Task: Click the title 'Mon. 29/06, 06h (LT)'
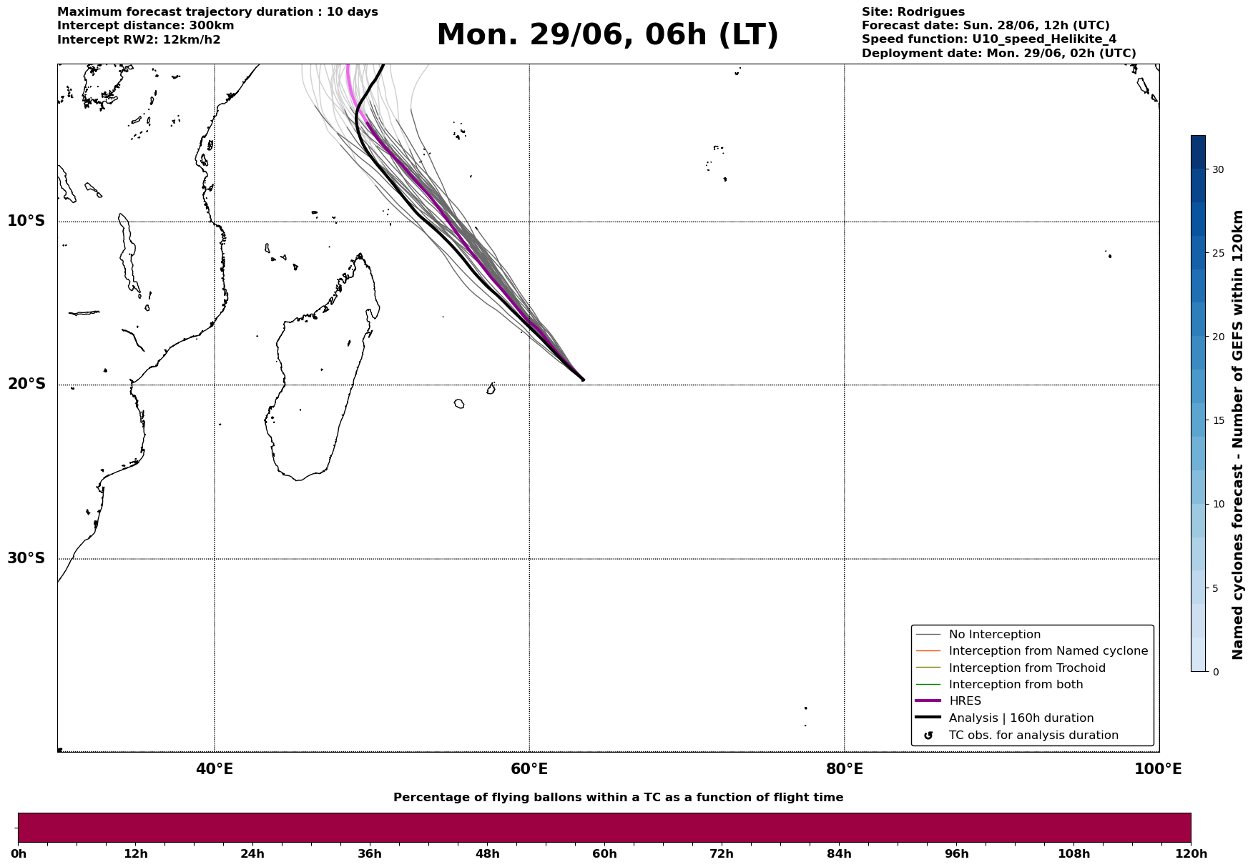tap(607, 35)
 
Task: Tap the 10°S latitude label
tap(26, 221)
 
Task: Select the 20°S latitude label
tap(26, 385)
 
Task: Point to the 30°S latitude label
tap(26, 558)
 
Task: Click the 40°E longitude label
tap(215, 769)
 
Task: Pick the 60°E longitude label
tap(529, 769)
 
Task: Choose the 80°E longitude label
tap(845, 769)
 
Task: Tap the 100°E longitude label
tap(1159, 769)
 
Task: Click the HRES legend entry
tap(965, 701)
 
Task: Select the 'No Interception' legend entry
tap(995, 635)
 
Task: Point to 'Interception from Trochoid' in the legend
tap(1027, 668)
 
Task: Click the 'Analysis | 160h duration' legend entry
tap(1021, 718)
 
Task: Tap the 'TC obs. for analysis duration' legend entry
tap(1033, 735)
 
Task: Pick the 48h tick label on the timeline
tap(488, 854)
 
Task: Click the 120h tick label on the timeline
tap(1191, 854)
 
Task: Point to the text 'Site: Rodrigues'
tap(913, 12)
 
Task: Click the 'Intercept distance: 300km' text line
tap(146, 26)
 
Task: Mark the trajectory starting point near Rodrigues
tap(583, 380)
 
